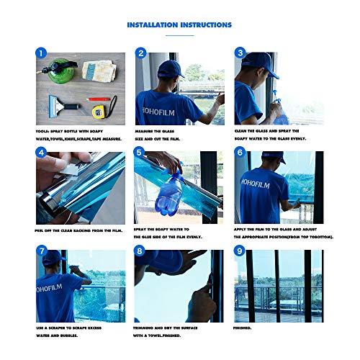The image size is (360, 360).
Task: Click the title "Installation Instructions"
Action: click(x=179, y=25)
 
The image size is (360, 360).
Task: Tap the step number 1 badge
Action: click(x=42, y=53)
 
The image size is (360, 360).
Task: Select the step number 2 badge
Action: click(x=141, y=53)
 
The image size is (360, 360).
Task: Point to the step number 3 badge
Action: click(x=240, y=53)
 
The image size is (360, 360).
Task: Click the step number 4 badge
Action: click(x=42, y=153)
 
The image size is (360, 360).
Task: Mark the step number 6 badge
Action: click(x=240, y=153)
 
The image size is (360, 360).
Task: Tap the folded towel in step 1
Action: click(x=97, y=71)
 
